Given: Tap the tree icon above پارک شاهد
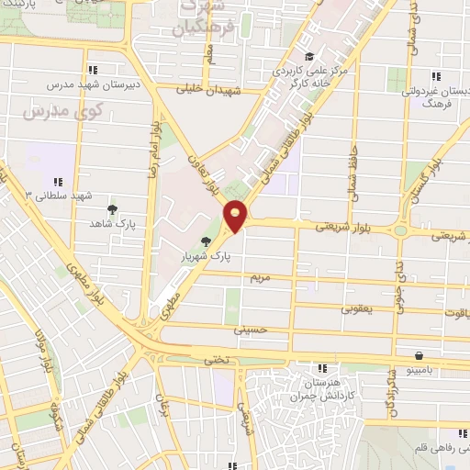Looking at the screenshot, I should click(112, 209).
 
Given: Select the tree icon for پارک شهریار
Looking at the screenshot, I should click(205, 241).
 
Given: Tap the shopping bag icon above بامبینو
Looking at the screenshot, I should click(418, 355).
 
